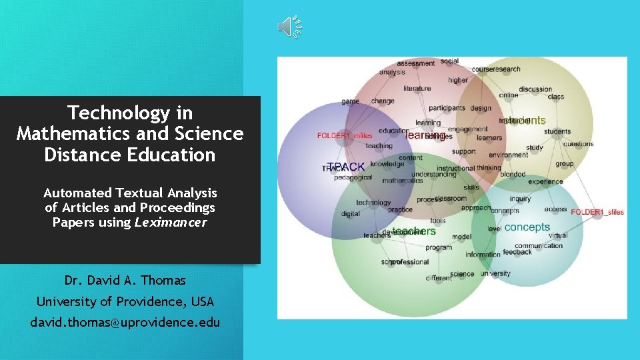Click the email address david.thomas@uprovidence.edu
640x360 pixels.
tap(125, 322)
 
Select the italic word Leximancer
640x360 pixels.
tap(171, 222)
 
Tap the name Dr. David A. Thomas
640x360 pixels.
tap(125, 280)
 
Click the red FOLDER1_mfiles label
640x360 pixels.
tap(345, 136)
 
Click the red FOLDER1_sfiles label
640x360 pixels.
tap(597, 212)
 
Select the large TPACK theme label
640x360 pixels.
tap(347, 167)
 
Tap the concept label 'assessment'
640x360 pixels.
tap(416, 63)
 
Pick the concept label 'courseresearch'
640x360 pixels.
tap(496, 69)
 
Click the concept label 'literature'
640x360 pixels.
tap(417, 88)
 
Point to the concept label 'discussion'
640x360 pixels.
tap(535, 89)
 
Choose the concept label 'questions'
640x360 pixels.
tap(578, 143)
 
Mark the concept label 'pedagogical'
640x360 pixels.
tap(353, 177)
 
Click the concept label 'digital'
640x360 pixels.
tap(351, 214)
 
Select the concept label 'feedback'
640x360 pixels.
tap(517, 252)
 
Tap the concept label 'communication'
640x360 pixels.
tap(539, 245)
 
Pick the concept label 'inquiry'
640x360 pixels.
tap(520, 199)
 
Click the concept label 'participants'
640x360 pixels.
tap(447, 108)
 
